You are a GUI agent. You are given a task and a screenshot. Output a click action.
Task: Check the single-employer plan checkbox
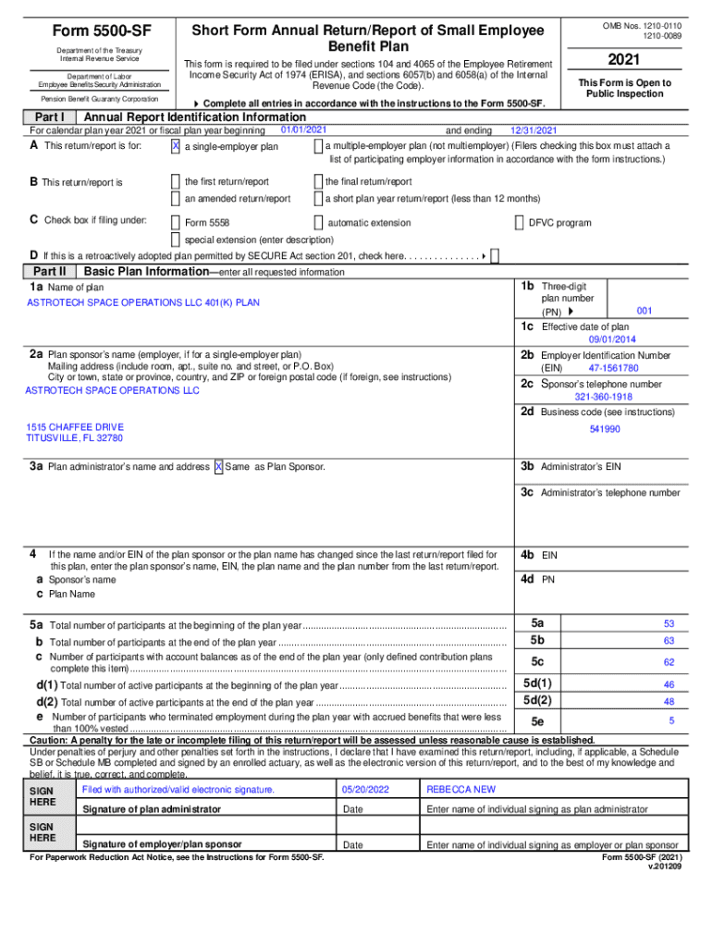click(176, 146)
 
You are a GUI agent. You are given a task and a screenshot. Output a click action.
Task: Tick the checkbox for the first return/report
click(176, 182)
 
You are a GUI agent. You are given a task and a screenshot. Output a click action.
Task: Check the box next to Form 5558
click(176, 222)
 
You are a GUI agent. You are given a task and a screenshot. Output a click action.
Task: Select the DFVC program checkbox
click(519, 222)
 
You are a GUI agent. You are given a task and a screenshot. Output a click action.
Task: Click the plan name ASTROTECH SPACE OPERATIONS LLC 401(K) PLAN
click(143, 302)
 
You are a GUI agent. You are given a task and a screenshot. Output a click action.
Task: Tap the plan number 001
click(644, 311)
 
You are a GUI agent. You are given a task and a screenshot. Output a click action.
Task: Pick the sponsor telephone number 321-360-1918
click(603, 397)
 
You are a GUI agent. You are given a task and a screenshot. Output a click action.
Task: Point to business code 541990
click(605, 429)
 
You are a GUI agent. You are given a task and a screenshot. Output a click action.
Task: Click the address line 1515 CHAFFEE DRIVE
click(75, 426)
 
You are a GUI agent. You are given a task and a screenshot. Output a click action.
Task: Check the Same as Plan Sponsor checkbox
click(218, 467)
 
